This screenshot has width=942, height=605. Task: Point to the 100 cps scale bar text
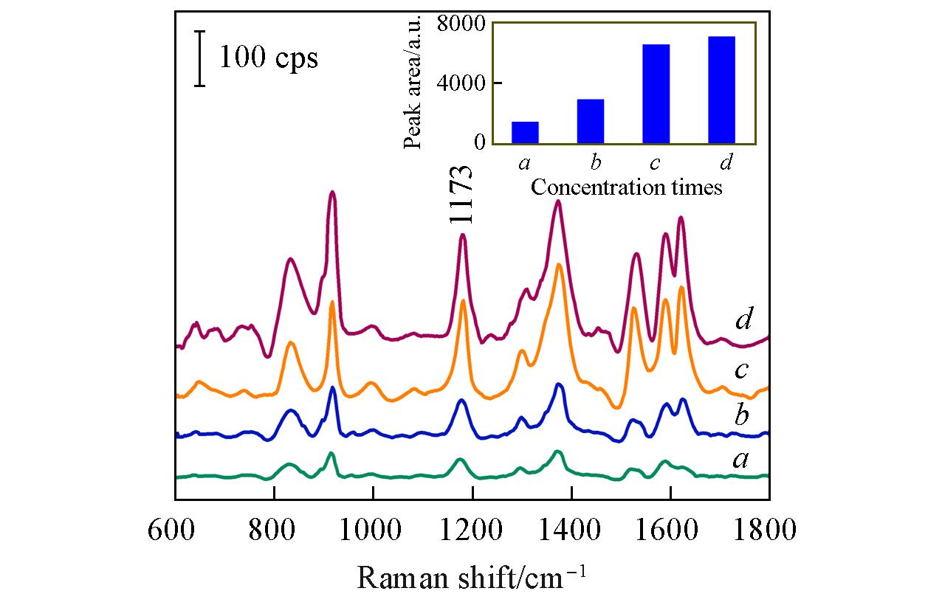point(269,58)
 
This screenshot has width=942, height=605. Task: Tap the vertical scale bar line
point(199,58)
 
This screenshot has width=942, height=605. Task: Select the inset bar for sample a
point(525,132)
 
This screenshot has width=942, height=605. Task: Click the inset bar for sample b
point(591,121)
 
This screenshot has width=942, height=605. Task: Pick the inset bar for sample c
point(656,94)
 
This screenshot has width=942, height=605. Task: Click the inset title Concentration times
point(626,187)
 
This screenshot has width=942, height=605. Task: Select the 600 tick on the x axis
point(176,530)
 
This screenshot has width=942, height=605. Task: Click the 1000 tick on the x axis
point(373,530)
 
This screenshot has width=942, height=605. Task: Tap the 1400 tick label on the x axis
point(571,530)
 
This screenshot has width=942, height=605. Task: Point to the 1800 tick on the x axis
point(769,530)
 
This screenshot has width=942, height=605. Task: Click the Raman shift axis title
point(472,576)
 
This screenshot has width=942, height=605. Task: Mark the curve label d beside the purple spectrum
point(743,320)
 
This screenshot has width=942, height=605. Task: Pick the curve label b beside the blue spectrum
point(742,415)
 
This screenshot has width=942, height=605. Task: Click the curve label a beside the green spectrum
point(741,460)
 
